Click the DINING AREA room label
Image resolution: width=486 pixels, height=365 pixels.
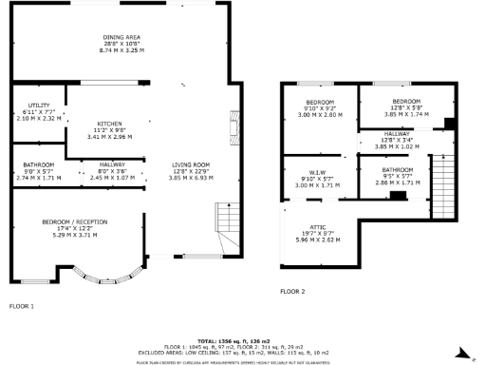(x=120, y=36)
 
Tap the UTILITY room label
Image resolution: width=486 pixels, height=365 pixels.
(x=38, y=106)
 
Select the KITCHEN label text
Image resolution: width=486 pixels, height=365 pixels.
(x=107, y=125)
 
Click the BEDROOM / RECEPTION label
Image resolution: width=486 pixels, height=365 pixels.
(x=75, y=221)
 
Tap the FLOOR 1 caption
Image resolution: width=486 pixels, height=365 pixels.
(x=22, y=306)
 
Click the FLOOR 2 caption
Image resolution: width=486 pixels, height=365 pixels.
(x=292, y=291)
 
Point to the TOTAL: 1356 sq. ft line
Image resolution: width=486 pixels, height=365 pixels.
(x=234, y=339)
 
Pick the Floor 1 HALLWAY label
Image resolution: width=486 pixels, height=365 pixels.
(x=112, y=164)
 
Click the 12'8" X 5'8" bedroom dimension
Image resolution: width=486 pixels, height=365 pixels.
(x=406, y=106)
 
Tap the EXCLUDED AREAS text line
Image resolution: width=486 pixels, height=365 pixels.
(x=234, y=351)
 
